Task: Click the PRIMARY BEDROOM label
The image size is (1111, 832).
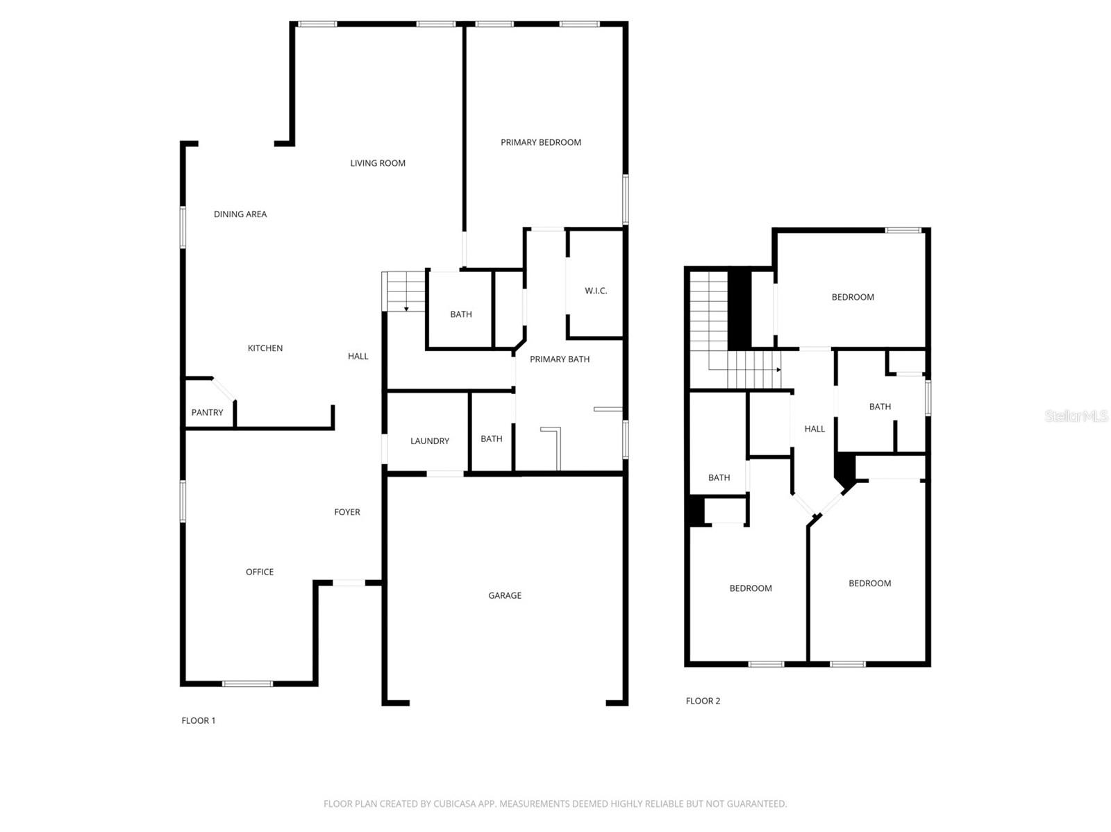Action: pyautogui.click(x=541, y=142)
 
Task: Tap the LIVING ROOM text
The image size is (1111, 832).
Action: pyautogui.click(x=378, y=163)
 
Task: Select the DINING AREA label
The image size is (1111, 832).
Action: pyautogui.click(x=240, y=214)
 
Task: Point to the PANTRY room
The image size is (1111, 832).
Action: pyautogui.click(x=207, y=412)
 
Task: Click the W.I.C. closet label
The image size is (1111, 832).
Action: pyautogui.click(x=596, y=291)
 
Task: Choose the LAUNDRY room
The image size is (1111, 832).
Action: pyautogui.click(x=429, y=441)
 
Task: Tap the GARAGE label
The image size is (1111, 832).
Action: pyautogui.click(x=505, y=595)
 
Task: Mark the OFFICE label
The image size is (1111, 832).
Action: pyautogui.click(x=260, y=572)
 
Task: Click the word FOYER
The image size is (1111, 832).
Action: pyautogui.click(x=347, y=512)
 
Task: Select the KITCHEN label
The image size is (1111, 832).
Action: pyautogui.click(x=265, y=348)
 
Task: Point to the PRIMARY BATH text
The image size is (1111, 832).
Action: pyautogui.click(x=560, y=359)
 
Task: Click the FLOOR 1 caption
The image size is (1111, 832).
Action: pyautogui.click(x=199, y=720)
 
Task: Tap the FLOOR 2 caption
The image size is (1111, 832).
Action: pyautogui.click(x=703, y=701)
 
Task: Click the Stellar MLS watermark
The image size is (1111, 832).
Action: pyautogui.click(x=1076, y=416)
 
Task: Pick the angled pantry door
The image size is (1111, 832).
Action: pyautogui.click(x=224, y=389)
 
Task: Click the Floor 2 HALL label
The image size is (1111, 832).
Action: pyautogui.click(x=815, y=429)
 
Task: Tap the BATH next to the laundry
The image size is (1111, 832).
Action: pyautogui.click(x=492, y=439)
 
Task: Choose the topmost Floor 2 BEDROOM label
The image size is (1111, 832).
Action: pyautogui.click(x=853, y=297)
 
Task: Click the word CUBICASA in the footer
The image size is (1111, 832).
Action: pyautogui.click(x=454, y=804)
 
